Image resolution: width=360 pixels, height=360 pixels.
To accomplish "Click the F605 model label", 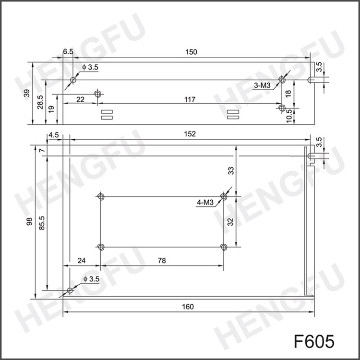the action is pos(314,341).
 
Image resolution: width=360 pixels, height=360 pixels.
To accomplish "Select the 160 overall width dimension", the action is pos(188,307).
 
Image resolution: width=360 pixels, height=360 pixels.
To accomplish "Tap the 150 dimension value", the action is pos(191,52).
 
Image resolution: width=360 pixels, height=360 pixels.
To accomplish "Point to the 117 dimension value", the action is pos(190,100).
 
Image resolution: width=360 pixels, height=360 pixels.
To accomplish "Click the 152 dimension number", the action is pos(190,134).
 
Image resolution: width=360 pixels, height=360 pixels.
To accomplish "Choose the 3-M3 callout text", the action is pos(263,85).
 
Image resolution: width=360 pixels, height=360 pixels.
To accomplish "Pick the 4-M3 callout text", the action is pos(205,203).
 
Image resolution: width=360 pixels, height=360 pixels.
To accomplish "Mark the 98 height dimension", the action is pos(29,222).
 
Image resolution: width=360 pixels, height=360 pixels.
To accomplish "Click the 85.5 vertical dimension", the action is pos(42,223).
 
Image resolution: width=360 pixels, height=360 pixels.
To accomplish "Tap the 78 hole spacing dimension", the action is pos(162,261).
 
